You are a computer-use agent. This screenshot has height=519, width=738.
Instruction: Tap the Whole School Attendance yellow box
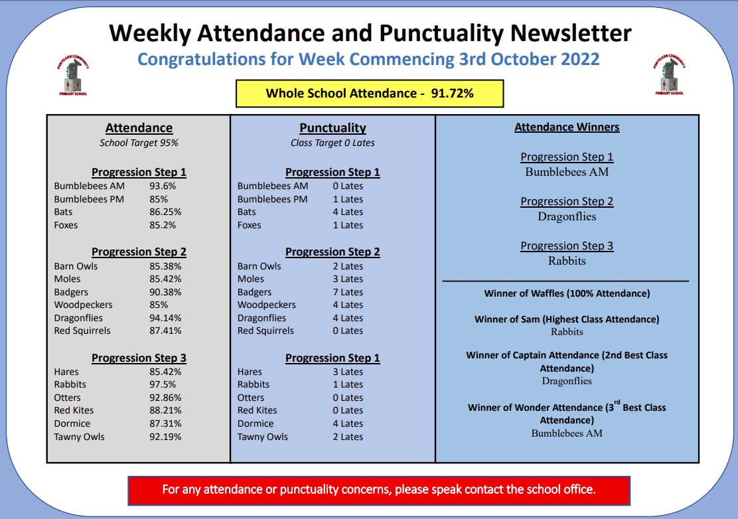pyautogui.click(x=370, y=94)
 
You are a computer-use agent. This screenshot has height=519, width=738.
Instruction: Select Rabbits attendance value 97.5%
pyautogui.click(x=164, y=384)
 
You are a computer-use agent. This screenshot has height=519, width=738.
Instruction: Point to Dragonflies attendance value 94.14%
pyautogui.click(x=165, y=318)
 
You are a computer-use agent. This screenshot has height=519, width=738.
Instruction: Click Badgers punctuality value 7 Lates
pyautogui.click(x=348, y=292)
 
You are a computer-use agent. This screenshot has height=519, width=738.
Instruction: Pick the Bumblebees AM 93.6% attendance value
pyautogui.click(x=163, y=186)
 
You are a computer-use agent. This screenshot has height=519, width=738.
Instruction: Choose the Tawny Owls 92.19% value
pyautogui.click(x=165, y=437)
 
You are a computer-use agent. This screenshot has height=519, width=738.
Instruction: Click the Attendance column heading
pyautogui.click(x=139, y=128)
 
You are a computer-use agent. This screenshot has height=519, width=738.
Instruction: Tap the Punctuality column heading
pyautogui.click(x=332, y=128)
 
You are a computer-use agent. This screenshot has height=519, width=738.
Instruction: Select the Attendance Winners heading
pyautogui.click(x=567, y=127)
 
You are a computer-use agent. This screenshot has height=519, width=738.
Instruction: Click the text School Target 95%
pyautogui.click(x=139, y=143)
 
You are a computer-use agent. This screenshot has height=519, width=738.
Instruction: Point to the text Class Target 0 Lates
pyautogui.click(x=332, y=143)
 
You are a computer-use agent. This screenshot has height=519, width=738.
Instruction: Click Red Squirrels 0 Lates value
pyautogui.click(x=348, y=331)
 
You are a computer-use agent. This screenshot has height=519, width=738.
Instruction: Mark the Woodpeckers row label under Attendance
pyautogui.click(x=83, y=305)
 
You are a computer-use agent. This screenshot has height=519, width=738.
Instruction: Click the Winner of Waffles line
pyautogui.click(x=567, y=293)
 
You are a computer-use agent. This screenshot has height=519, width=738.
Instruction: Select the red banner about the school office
pyautogui.click(x=379, y=490)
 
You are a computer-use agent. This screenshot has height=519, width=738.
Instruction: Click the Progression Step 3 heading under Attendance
pyautogui.click(x=139, y=358)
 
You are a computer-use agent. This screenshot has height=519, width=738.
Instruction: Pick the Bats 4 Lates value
pyautogui.click(x=348, y=212)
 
